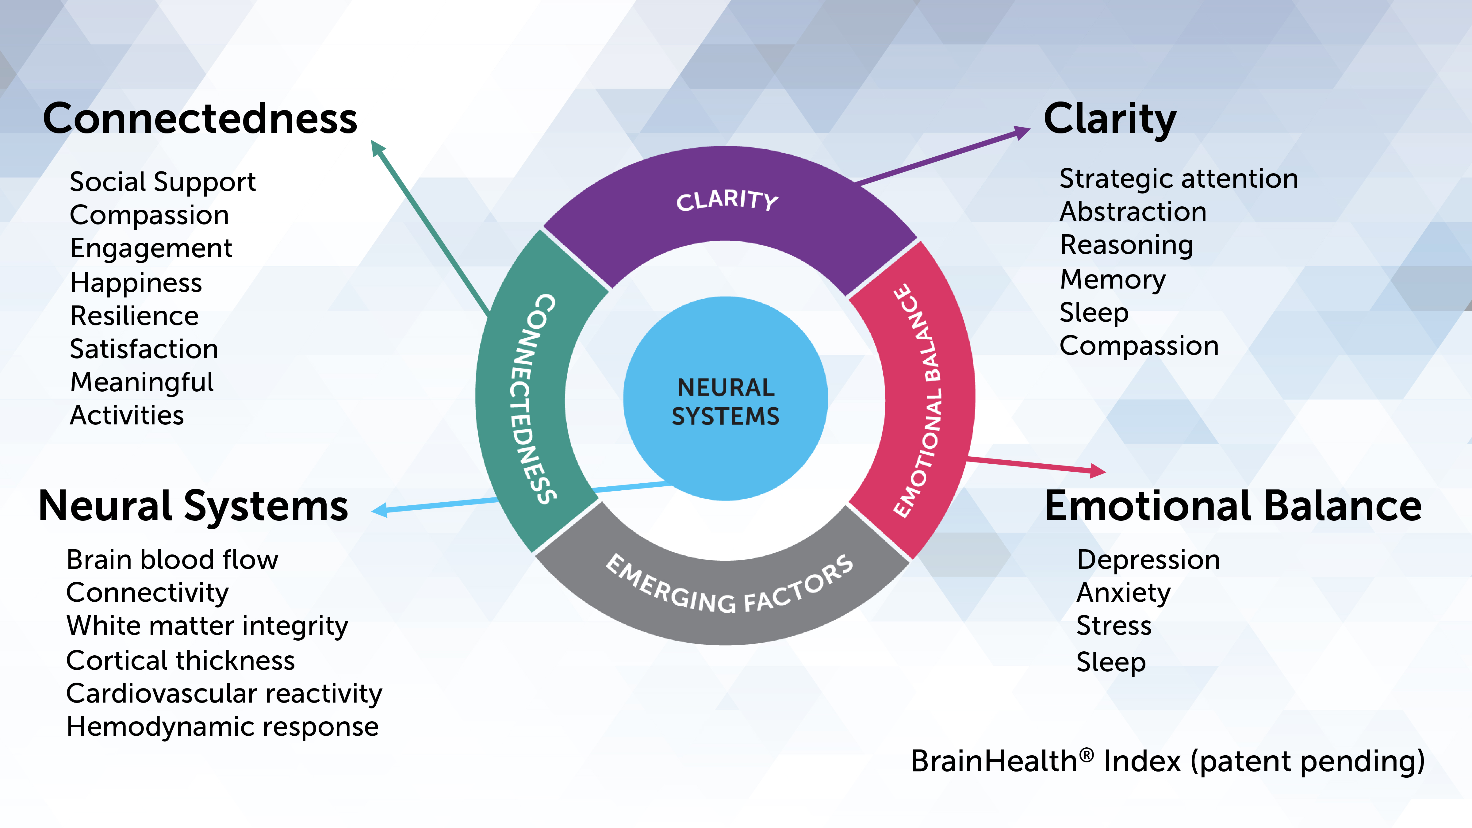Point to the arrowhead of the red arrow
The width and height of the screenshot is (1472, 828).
click(1098, 471)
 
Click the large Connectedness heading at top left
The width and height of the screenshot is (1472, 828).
click(200, 119)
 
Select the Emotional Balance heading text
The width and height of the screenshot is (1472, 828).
click(1232, 506)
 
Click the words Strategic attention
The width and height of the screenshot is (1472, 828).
click(1178, 179)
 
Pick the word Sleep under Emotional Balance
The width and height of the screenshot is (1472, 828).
click(1111, 662)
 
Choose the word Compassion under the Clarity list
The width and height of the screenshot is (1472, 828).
click(1139, 346)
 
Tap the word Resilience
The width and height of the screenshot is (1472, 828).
click(134, 316)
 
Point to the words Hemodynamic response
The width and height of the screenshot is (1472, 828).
click(222, 727)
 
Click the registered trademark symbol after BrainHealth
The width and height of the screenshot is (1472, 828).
click(1086, 754)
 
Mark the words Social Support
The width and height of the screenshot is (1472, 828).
click(162, 182)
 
